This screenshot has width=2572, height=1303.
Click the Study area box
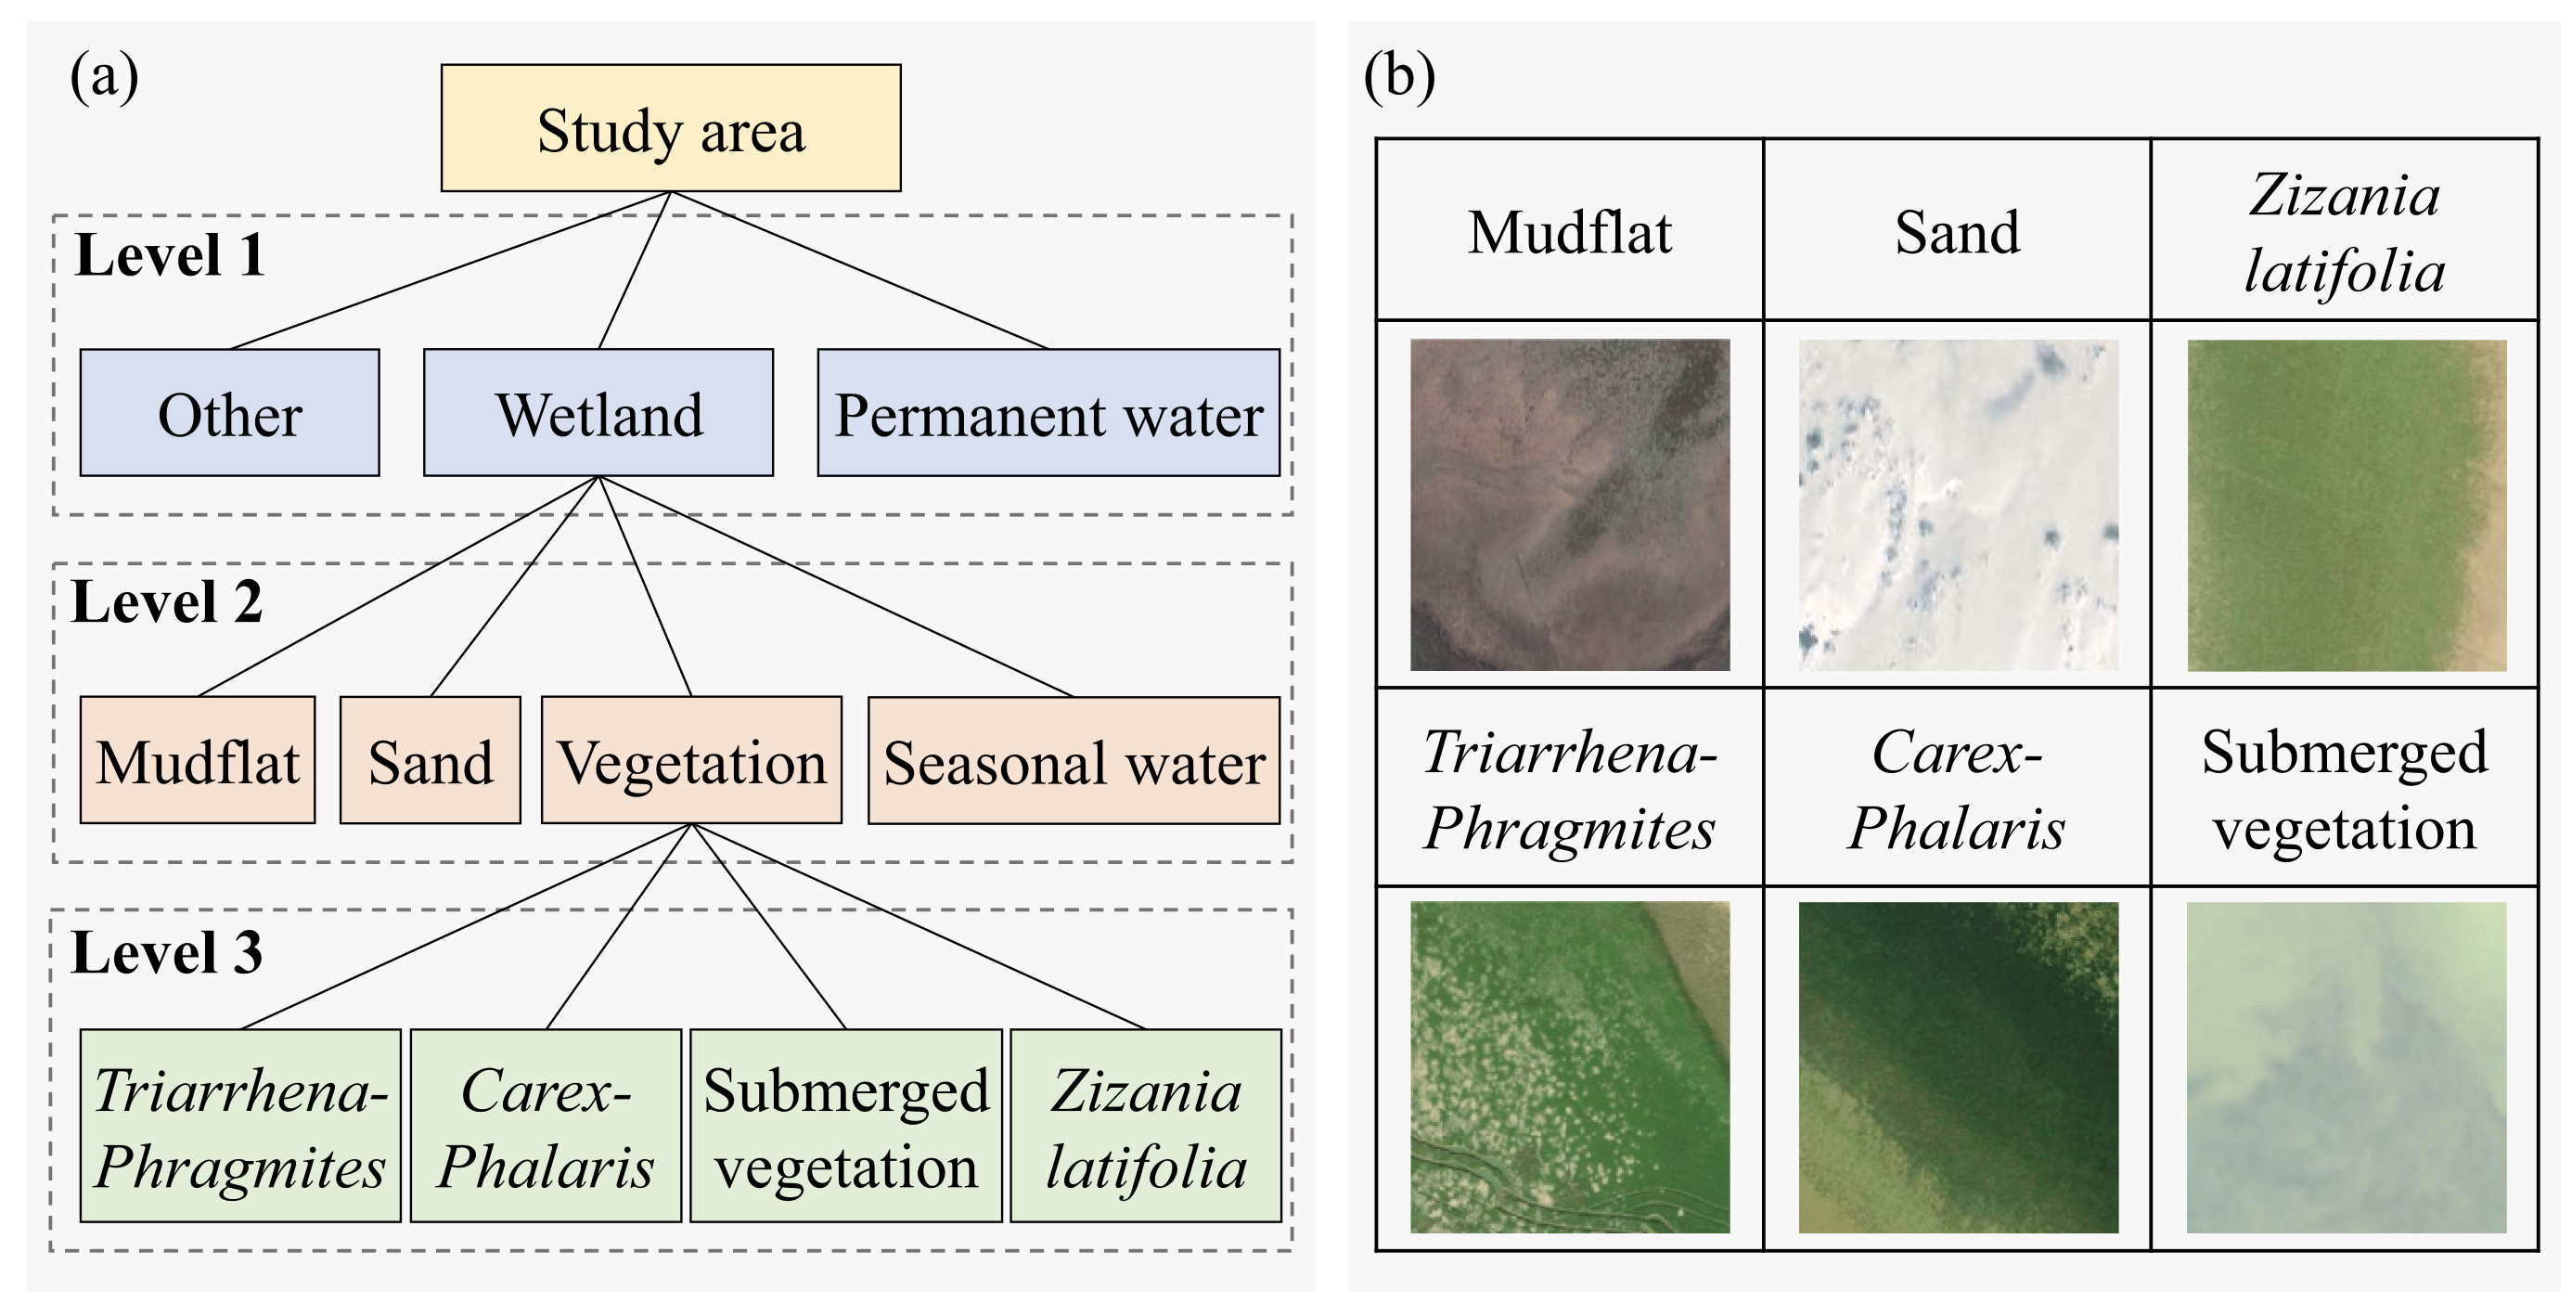[671, 128]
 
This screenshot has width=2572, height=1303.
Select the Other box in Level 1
[230, 412]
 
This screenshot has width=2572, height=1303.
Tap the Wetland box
[598, 412]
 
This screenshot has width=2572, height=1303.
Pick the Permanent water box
[1048, 412]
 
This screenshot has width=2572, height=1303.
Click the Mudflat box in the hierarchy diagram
[198, 761]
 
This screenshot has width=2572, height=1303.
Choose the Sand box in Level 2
[431, 761]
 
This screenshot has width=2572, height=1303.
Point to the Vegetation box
[691, 761]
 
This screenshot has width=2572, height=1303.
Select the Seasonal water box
[1074, 761]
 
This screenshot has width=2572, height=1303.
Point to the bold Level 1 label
[170, 254]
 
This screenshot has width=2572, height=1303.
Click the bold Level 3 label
[167, 951]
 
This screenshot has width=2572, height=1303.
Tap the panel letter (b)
[1399, 76]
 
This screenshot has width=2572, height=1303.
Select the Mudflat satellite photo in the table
[1570, 504]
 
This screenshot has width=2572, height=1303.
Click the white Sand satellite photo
[1958, 504]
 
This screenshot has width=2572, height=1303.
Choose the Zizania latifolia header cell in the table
[2345, 232]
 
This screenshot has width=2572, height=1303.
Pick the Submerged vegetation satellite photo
[2347, 1067]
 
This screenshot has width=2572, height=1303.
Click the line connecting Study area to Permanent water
[858, 269]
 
